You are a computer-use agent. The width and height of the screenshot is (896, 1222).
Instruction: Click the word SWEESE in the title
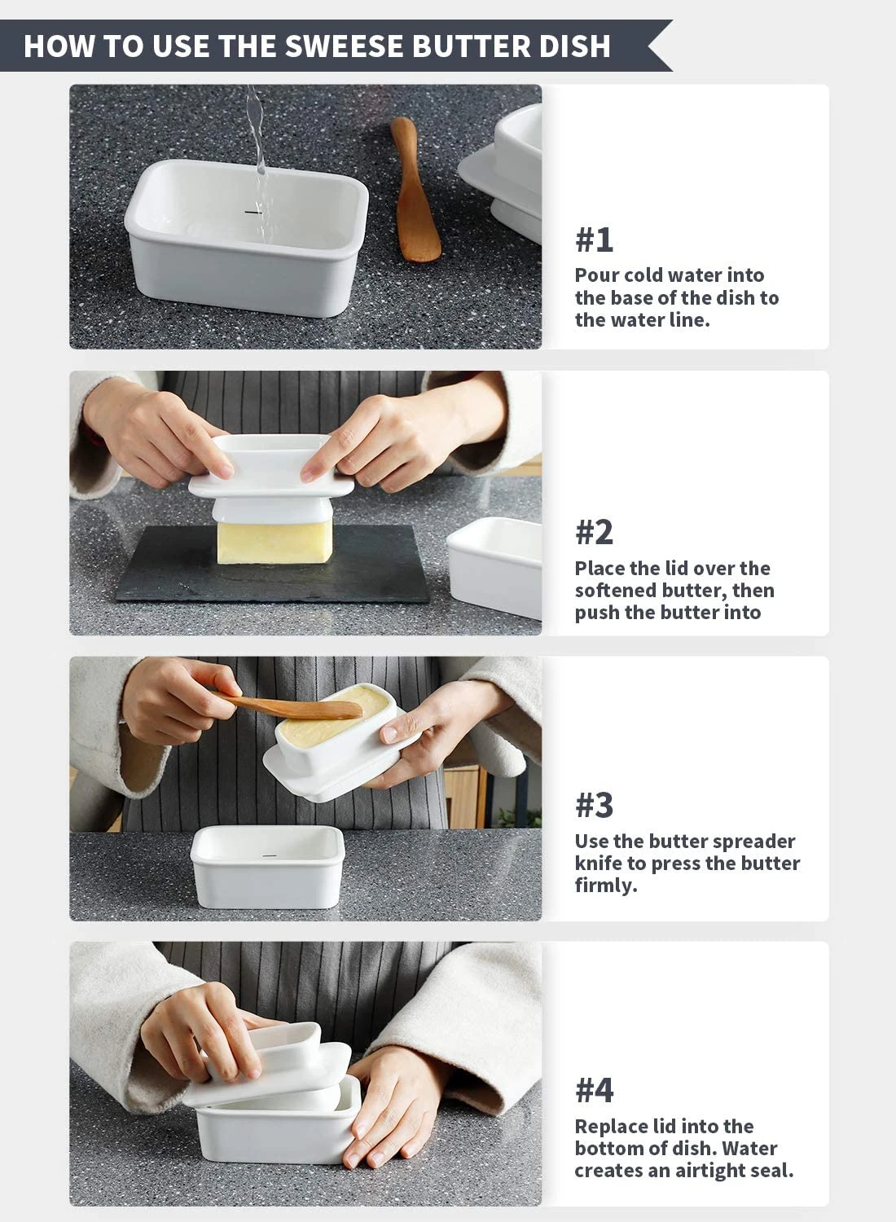(332, 46)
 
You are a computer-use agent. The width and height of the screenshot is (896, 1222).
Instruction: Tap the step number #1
(594, 240)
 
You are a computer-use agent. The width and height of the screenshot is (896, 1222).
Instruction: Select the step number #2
(594, 532)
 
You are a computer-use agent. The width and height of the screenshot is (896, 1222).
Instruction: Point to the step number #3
(594, 805)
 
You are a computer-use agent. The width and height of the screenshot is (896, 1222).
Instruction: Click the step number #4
(594, 1090)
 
